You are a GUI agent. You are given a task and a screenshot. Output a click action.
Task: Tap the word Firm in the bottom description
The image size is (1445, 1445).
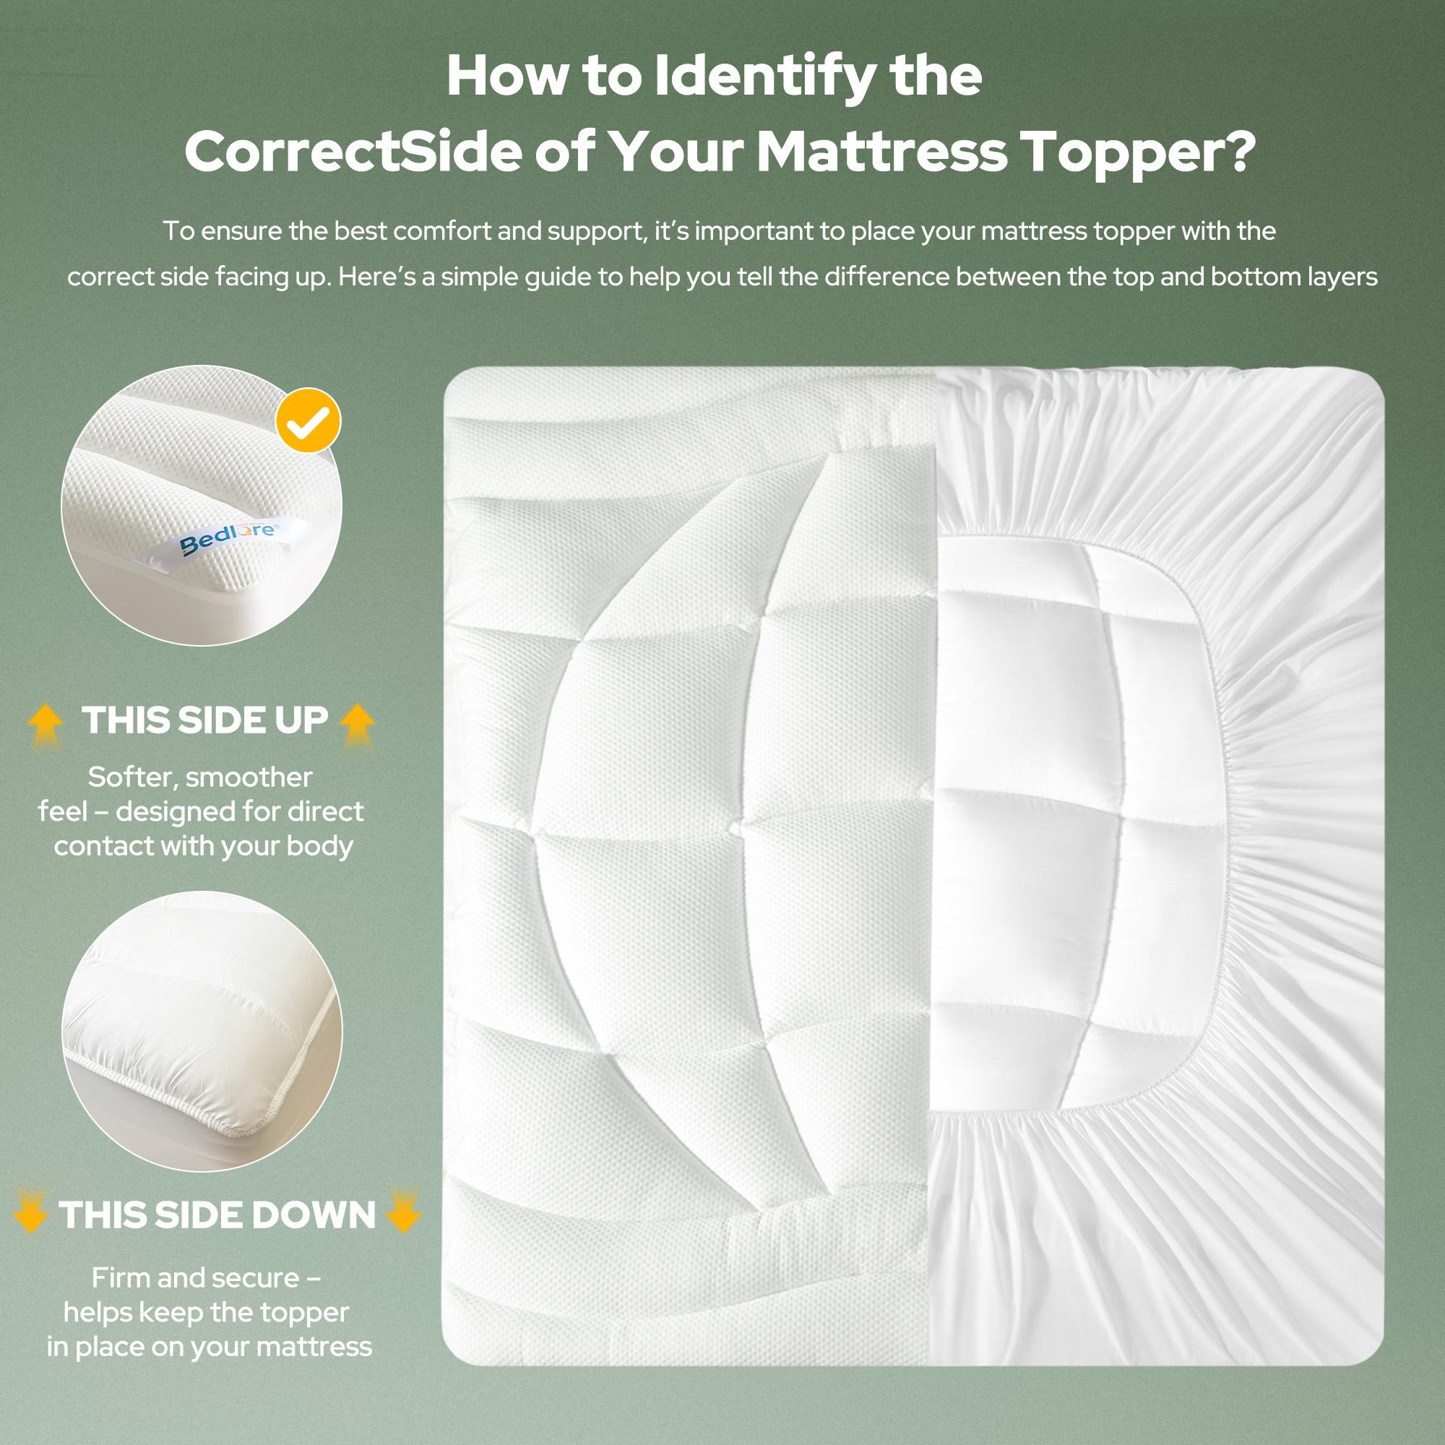pos(120,1278)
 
